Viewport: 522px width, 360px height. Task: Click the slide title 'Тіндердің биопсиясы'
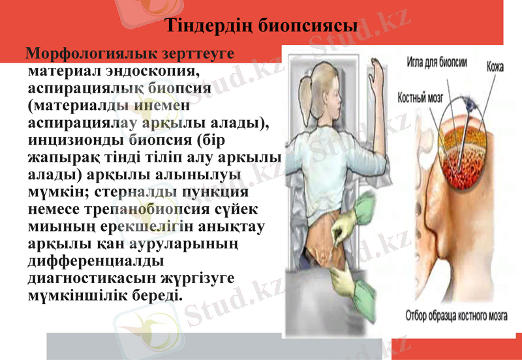261,26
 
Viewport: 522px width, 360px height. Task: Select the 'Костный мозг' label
421,98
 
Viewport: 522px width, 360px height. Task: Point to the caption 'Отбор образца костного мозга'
457,316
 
